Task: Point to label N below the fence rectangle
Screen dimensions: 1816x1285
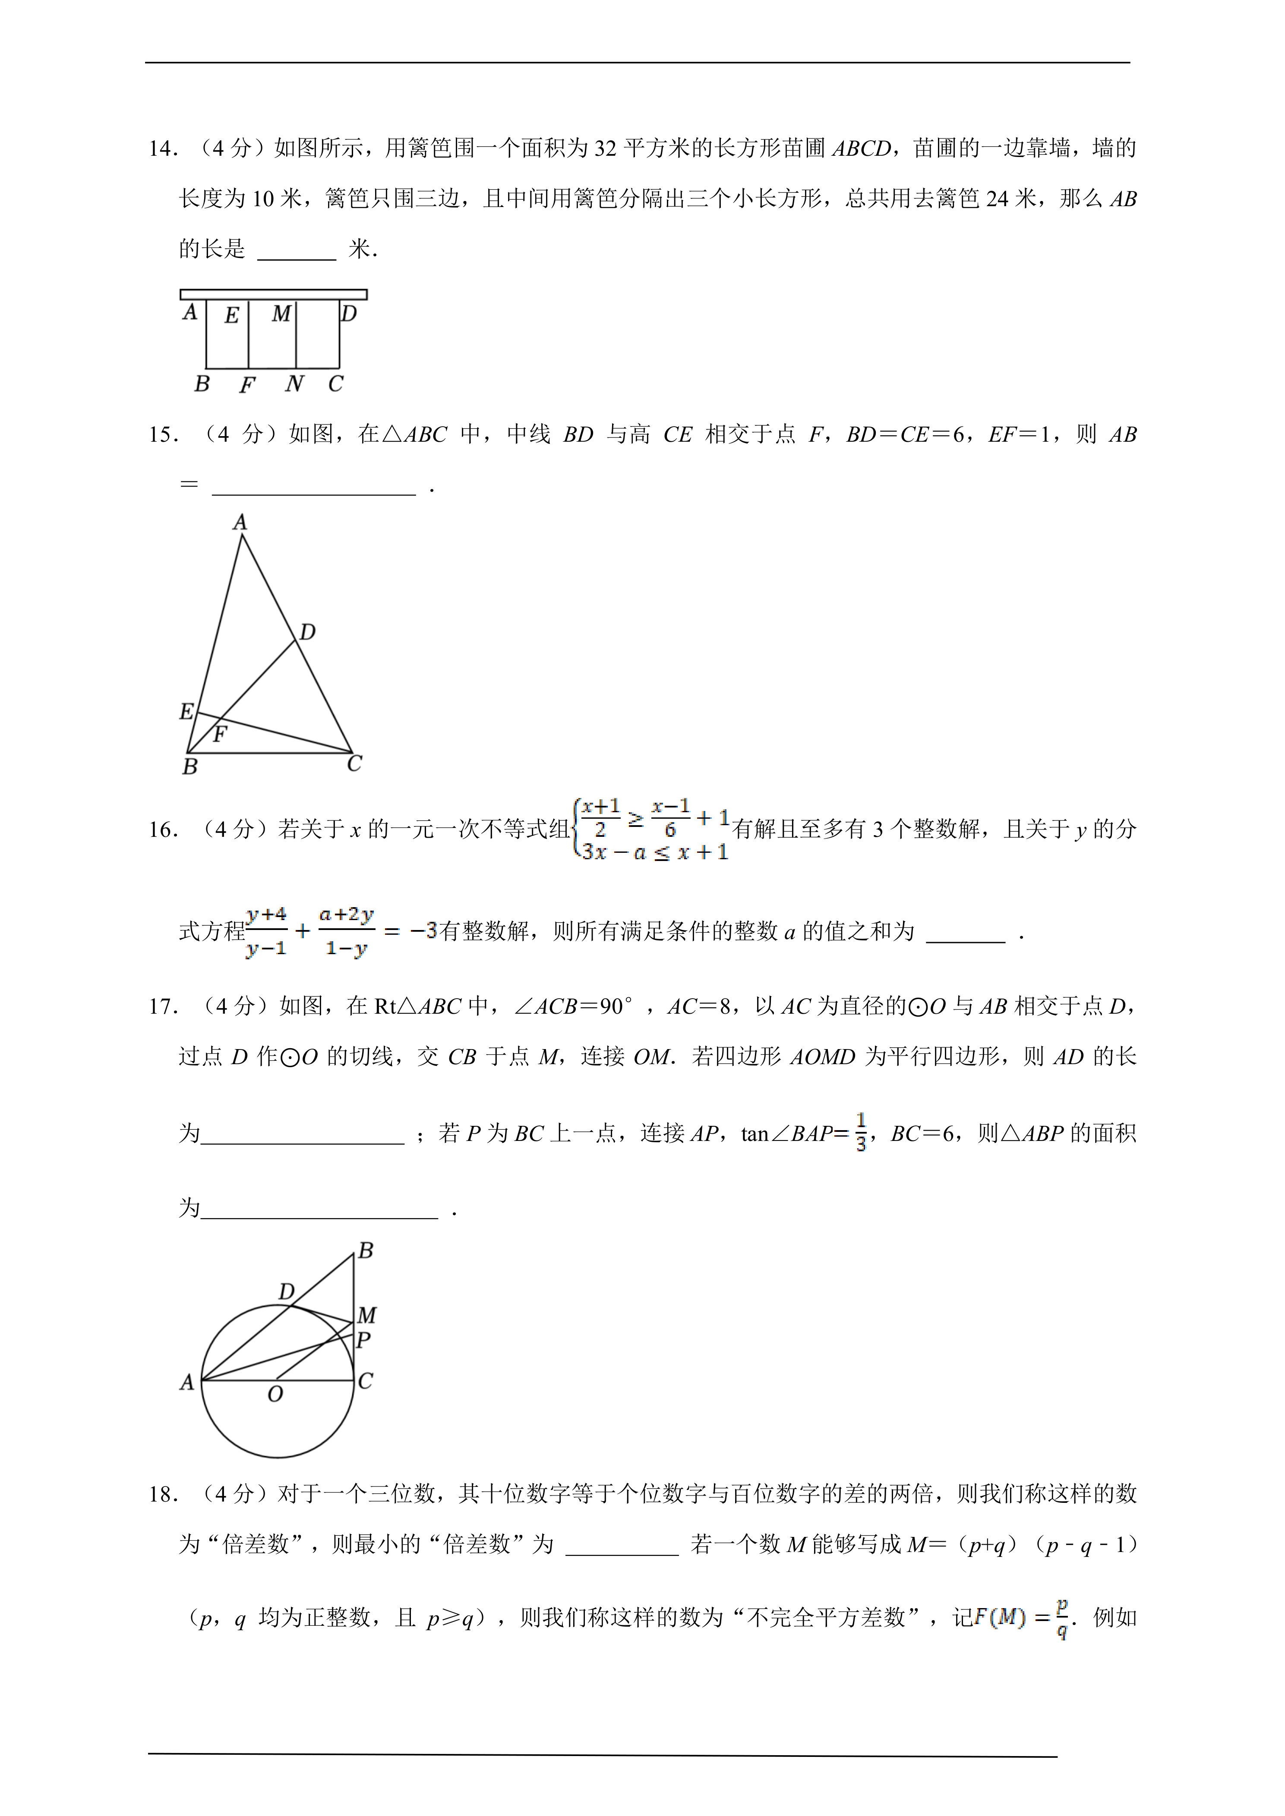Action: [294, 384]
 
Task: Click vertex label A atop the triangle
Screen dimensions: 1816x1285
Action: [240, 522]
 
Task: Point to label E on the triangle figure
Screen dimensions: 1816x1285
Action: [186, 711]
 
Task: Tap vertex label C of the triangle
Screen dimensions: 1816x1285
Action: [354, 764]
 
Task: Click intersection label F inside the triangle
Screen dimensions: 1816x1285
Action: [220, 734]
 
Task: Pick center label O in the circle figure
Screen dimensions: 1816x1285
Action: [275, 1395]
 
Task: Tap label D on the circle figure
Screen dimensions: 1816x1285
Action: [287, 1291]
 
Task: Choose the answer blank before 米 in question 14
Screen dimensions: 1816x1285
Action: [297, 250]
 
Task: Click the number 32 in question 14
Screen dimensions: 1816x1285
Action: [605, 149]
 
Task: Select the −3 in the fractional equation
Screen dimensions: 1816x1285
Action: [423, 931]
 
